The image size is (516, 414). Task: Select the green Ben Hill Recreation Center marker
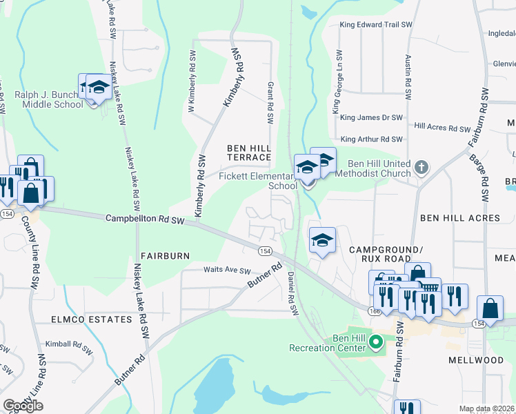[x=376, y=341]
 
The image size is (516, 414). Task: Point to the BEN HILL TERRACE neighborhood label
[x=250, y=153]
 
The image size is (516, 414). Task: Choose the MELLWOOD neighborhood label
[x=475, y=360]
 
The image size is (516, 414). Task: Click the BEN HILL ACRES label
[x=459, y=218]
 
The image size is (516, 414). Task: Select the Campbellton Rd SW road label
[x=145, y=219]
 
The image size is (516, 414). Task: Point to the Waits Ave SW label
[x=226, y=270]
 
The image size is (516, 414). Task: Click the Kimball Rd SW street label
[x=68, y=343]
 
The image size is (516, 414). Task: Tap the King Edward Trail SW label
[x=375, y=25]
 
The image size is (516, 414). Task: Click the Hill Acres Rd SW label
[x=441, y=128]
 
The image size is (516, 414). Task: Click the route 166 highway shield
[x=374, y=311]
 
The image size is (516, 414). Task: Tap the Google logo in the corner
[x=23, y=406]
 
